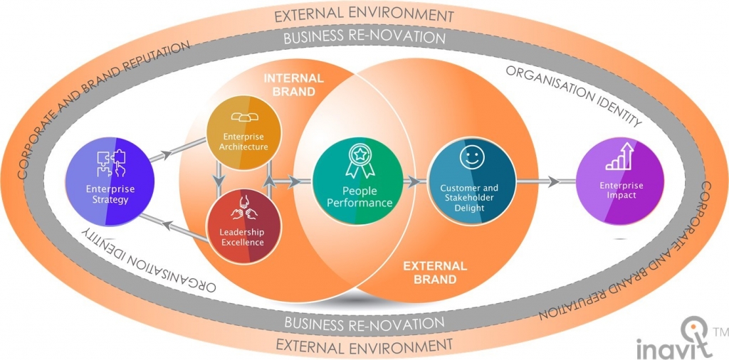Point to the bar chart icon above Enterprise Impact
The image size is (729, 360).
tap(621, 158)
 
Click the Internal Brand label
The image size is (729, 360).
tap(293, 84)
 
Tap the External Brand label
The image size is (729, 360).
tap(434, 272)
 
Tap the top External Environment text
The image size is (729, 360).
tap(364, 14)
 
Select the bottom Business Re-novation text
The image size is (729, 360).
tap(364, 323)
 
